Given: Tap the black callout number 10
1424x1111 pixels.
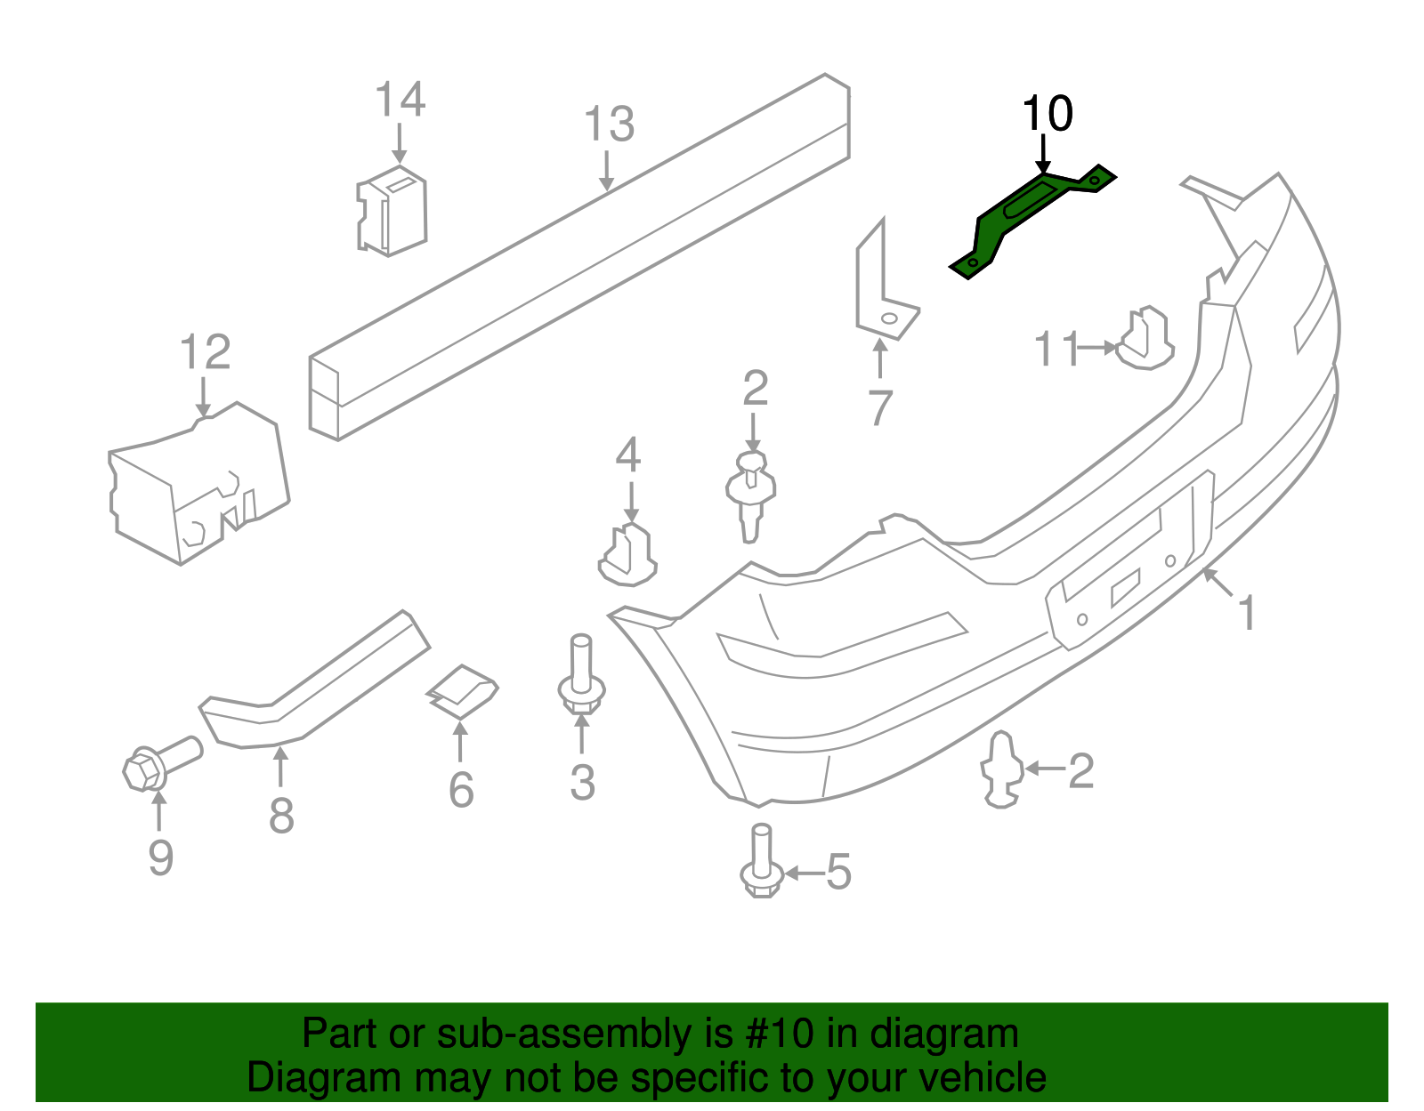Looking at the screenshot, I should click(x=1048, y=115).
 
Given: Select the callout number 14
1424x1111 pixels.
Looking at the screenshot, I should click(x=400, y=100).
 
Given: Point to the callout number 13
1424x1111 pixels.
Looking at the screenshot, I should click(x=609, y=125).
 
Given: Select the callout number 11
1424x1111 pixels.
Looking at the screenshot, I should click(x=1056, y=350).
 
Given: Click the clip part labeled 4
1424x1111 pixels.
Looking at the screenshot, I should click(x=628, y=556).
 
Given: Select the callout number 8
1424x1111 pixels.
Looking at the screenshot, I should click(x=281, y=816).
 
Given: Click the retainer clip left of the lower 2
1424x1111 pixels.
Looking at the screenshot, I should click(x=1000, y=769).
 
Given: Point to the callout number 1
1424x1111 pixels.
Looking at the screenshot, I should click(x=1248, y=614).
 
